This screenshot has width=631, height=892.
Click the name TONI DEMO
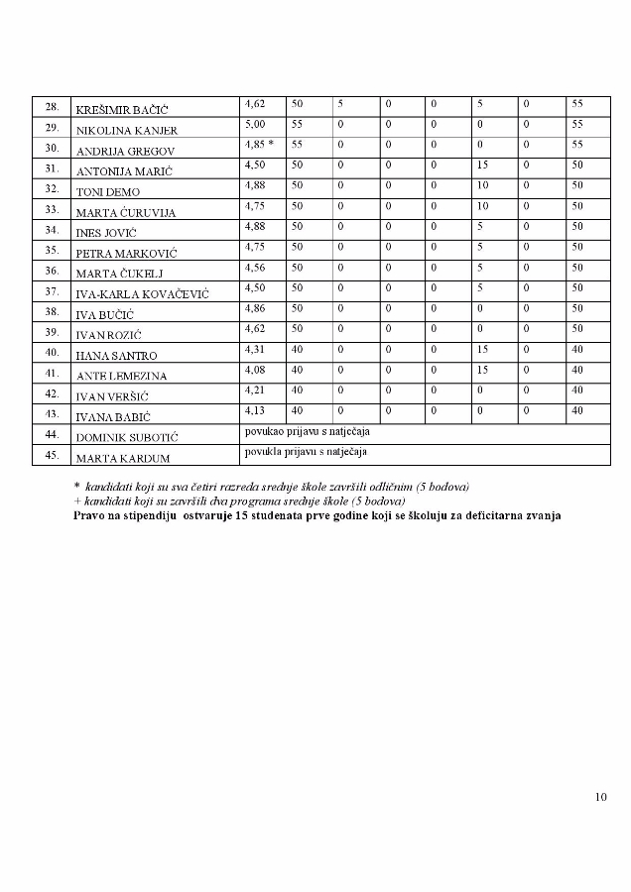point(107,191)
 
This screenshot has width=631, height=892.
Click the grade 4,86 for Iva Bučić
point(255,308)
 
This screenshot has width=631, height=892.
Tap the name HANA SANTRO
point(117,355)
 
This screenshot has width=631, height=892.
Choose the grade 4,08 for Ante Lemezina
point(255,370)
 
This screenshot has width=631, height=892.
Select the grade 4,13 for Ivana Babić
point(255,410)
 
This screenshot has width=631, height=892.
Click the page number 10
point(601,796)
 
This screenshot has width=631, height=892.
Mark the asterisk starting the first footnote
point(76,487)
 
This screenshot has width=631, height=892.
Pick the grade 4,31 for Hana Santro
point(255,349)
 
